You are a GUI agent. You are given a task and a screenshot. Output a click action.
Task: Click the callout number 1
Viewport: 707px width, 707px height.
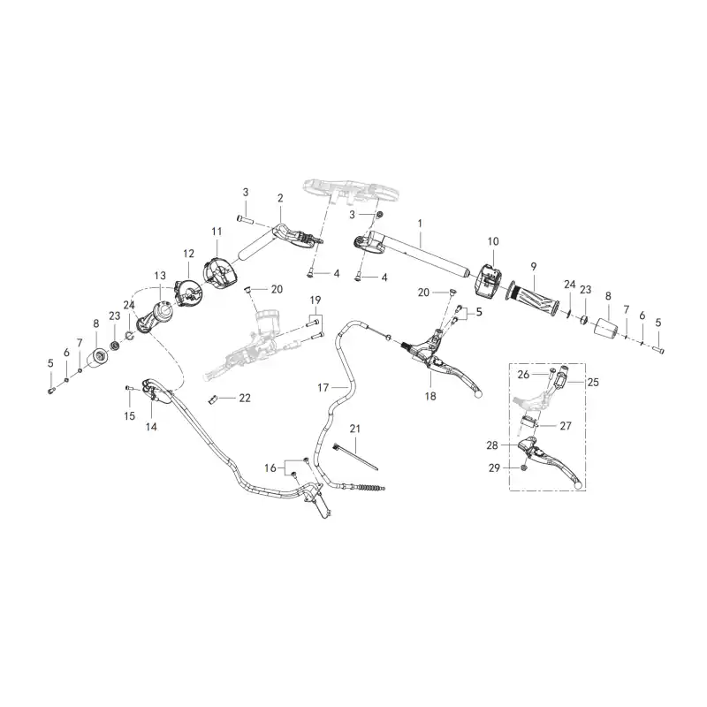coord(420,224)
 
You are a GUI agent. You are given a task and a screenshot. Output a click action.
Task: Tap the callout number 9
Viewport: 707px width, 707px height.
coord(534,267)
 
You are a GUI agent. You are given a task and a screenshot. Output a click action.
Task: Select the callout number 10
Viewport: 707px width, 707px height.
coord(493,241)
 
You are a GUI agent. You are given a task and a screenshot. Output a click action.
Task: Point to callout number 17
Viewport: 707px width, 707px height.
coord(323,387)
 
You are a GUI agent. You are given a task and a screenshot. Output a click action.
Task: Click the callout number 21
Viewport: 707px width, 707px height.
coord(355,429)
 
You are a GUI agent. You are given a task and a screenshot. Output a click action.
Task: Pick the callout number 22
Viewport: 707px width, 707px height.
coord(245,399)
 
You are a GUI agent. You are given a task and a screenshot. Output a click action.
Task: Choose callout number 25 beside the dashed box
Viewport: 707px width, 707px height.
coord(593,383)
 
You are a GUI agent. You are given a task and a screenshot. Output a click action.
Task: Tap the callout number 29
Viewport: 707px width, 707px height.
coord(495,468)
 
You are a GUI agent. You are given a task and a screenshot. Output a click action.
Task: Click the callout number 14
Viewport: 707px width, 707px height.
coord(151,427)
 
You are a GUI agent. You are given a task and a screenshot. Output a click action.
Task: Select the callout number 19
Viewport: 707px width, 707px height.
coord(315,300)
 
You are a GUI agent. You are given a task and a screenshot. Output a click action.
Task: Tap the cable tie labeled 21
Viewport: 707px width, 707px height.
coord(355,457)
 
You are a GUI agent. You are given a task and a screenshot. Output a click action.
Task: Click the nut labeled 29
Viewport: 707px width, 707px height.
coord(524,468)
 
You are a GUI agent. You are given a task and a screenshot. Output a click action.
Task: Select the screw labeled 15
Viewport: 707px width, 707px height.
coord(128,388)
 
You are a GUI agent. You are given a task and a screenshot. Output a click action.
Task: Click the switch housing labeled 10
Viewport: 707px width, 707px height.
coord(488,280)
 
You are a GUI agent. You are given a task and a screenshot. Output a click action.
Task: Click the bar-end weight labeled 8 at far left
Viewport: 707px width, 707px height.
coord(99,359)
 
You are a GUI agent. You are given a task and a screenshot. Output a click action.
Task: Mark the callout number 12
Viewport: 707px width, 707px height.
coord(188,254)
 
